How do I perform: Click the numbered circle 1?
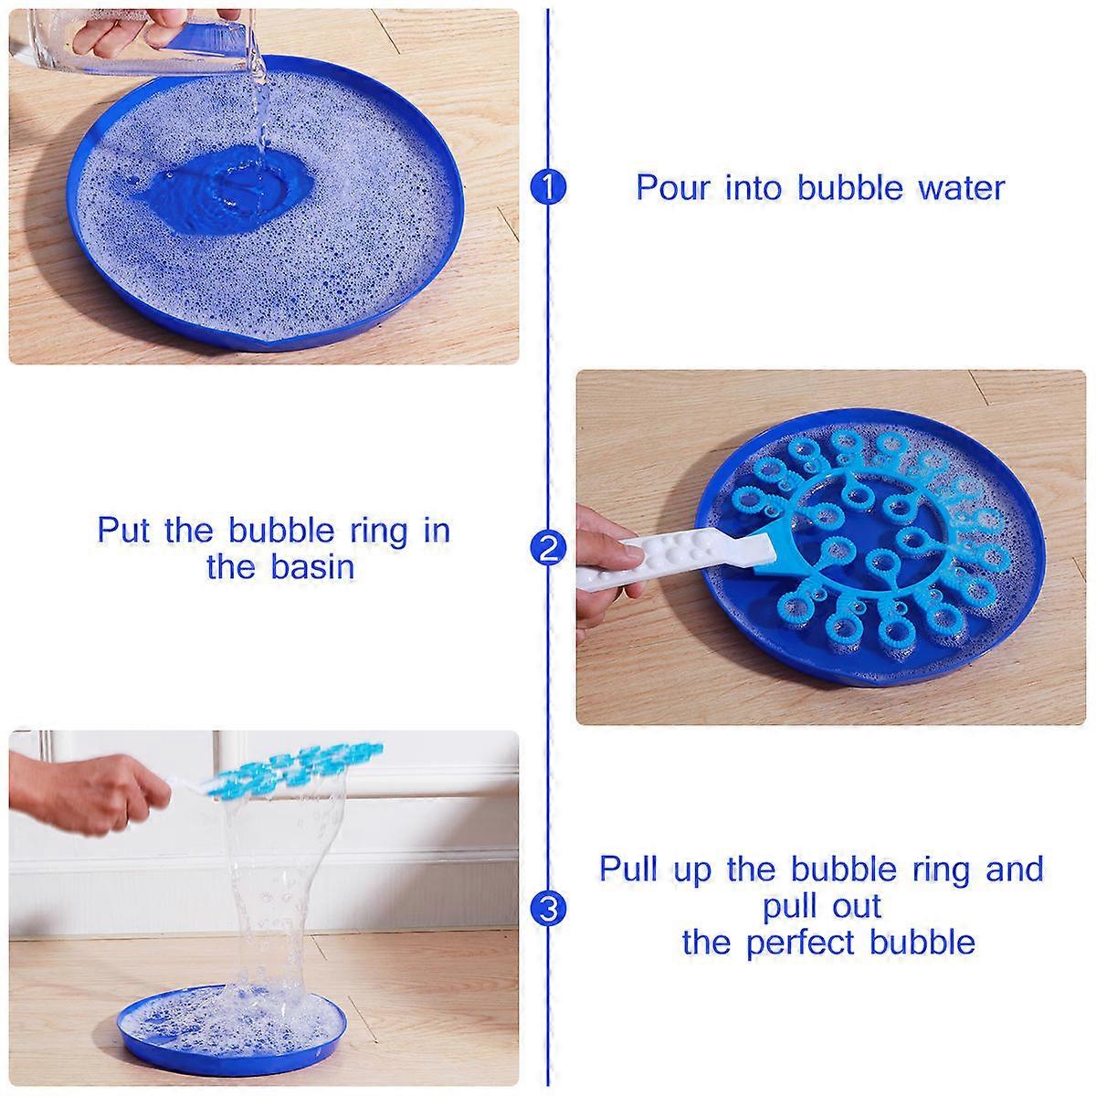tap(548, 187)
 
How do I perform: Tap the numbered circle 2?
tap(548, 548)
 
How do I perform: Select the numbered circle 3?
tap(548, 909)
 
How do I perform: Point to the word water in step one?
tap(961, 188)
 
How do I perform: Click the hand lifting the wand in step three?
tap(85, 795)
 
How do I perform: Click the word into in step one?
tap(757, 188)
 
